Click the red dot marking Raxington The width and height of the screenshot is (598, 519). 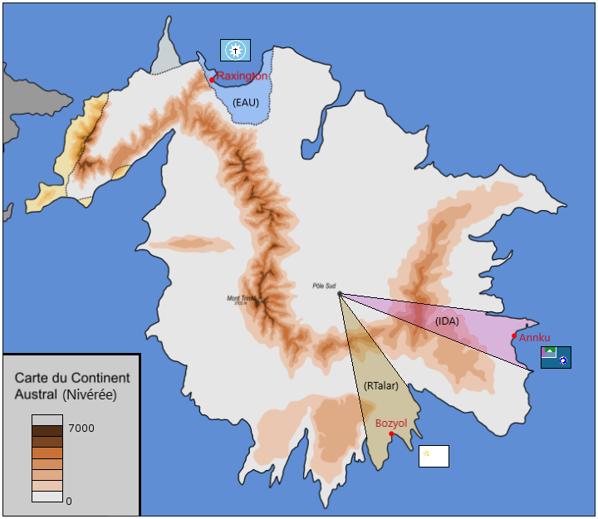pyautogui.click(x=213, y=80)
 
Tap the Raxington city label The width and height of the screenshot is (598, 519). pyautogui.click(x=242, y=76)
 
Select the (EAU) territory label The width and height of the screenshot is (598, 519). pyautogui.click(x=246, y=102)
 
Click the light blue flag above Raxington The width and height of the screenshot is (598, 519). pyautogui.click(x=235, y=50)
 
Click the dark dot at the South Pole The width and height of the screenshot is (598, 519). pyautogui.click(x=340, y=293)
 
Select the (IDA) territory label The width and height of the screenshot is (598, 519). pyautogui.click(x=447, y=321)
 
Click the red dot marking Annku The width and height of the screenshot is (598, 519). pyautogui.click(x=514, y=335)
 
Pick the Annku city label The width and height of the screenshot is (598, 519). pyautogui.click(x=534, y=337)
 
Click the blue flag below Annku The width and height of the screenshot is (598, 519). pyautogui.click(x=556, y=357)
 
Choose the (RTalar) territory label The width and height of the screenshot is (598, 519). pyautogui.click(x=381, y=385)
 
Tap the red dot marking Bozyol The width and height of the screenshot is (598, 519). pyautogui.click(x=391, y=433)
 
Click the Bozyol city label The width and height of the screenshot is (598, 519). pyautogui.click(x=391, y=424)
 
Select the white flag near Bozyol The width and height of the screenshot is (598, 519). pyautogui.click(x=434, y=456)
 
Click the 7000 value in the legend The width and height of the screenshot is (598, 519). pyautogui.click(x=81, y=428)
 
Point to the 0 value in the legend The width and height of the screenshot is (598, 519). pyautogui.click(x=69, y=501)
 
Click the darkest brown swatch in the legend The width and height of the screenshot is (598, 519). pyautogui.click(x=47, y=431)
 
